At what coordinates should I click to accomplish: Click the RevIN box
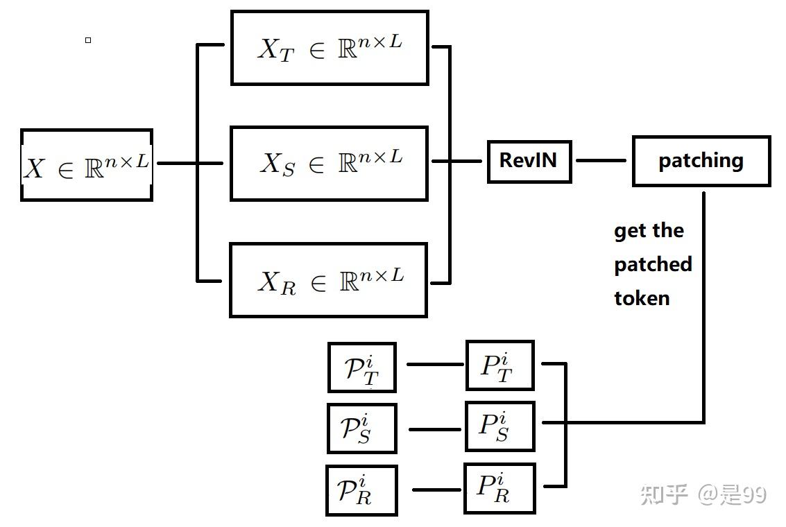tap(529, 162)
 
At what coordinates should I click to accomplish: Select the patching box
tap(701, 162)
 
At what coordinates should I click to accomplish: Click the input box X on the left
tap(87, 165)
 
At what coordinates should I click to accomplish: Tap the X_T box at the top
tap(330, 48)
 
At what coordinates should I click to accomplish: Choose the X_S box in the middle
tap(330, 164)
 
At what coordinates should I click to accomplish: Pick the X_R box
tap(329, 280)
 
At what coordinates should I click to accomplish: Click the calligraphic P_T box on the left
tap(361, 368)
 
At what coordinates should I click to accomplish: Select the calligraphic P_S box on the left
tap(361, 429)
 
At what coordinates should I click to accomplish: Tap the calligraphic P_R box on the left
tap(361, 490)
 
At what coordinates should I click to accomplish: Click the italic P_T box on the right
tap(499, 365)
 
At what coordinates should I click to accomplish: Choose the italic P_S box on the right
tap(499, 426)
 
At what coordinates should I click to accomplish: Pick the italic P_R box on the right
tap(499, 488)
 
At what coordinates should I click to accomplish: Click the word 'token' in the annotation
tap(642, 299)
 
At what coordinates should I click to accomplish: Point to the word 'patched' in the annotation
tap(653, 265)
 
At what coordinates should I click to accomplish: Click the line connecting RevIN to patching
tap(601, 161)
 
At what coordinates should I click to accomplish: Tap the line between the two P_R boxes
tap(438, 490)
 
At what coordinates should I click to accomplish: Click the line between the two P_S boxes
tap(435, 429)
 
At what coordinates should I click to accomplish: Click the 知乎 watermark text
tap(664, 494)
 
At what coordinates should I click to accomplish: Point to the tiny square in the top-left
tap(88, 40)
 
